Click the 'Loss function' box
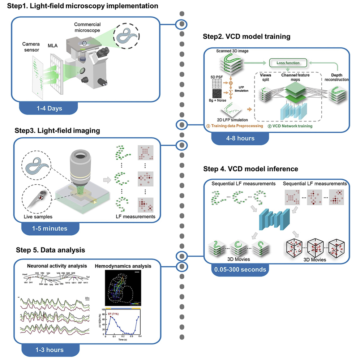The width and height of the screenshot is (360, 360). (288, 63)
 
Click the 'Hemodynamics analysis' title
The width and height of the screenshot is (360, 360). (123, 266)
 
